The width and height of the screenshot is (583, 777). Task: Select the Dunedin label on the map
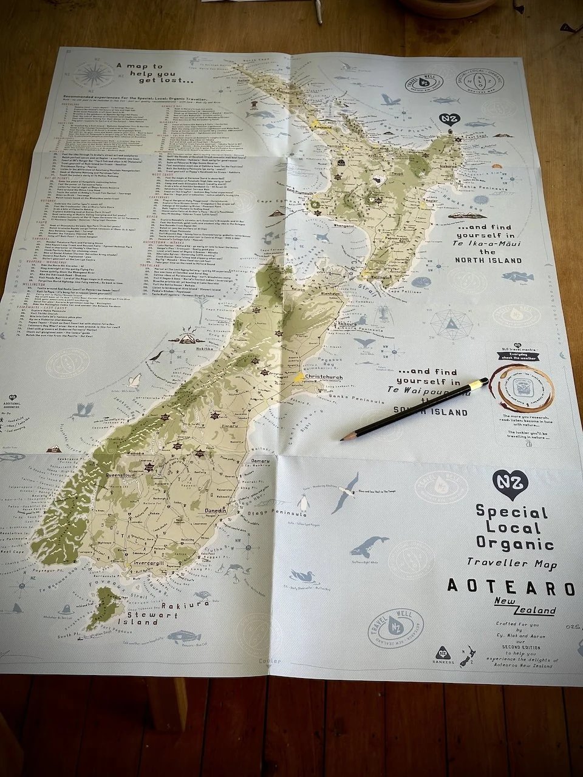[214, 511]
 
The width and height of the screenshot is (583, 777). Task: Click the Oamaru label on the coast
[260, 462]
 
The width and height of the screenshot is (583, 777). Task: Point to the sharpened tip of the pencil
[343, 437]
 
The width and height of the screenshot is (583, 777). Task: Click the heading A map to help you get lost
[156, 73]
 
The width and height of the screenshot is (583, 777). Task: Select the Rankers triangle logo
[443, 652]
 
